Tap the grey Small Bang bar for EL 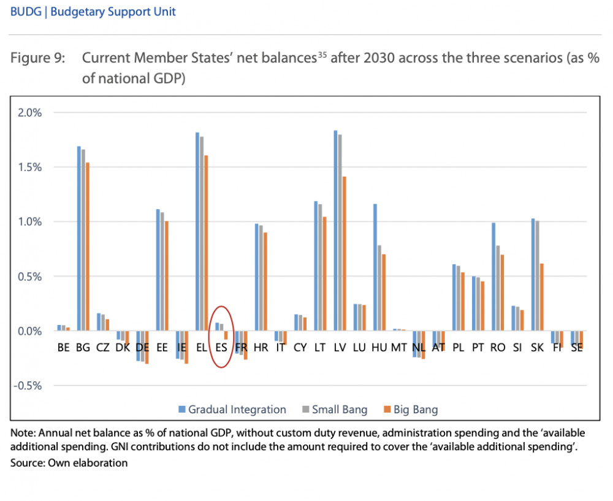(202, 234)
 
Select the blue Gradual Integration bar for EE (158, 270)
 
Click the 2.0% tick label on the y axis (29, 113)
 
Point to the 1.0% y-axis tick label (29, 222)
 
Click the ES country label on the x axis (222, 347)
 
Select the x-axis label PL (458, 347)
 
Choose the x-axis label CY (300, 347)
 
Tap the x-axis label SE (576, 347)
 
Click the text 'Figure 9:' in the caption (36, 58)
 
